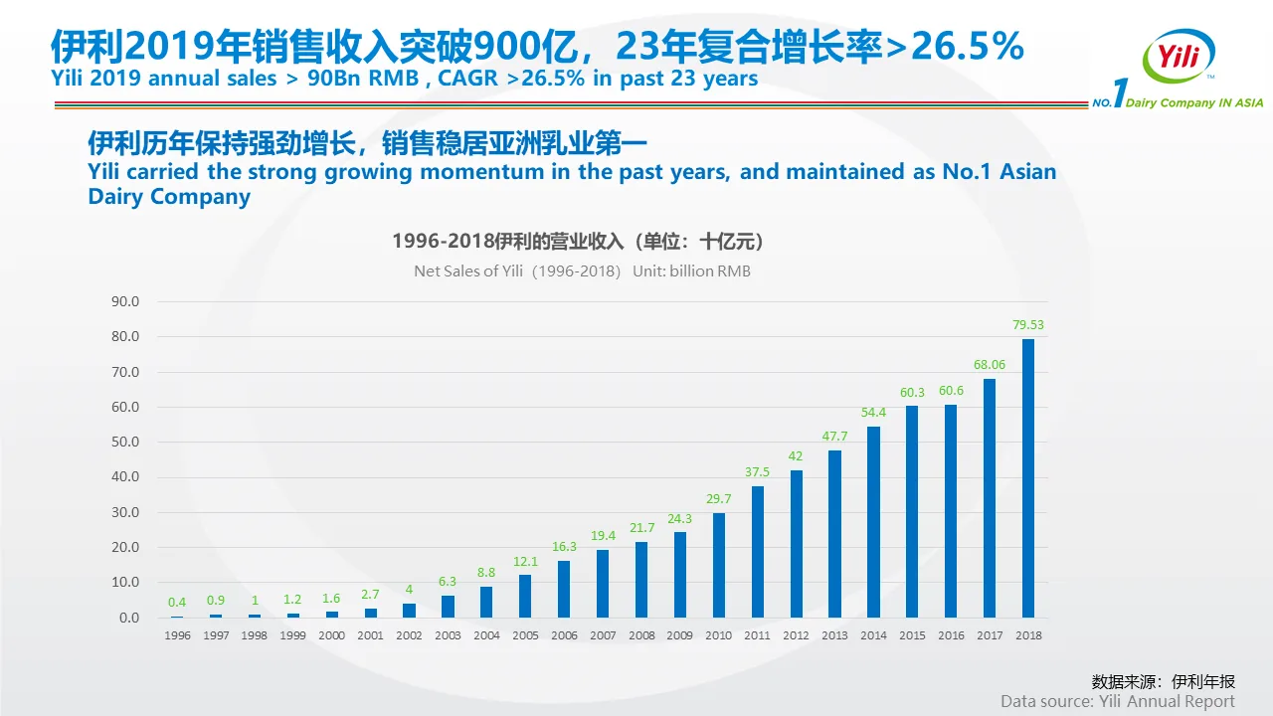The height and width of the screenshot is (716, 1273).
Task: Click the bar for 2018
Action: click(x=1028, y=478)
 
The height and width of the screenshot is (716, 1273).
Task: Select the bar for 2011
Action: click(x=758, y=552)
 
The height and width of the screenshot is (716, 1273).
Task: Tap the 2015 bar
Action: click(x=912, y=511)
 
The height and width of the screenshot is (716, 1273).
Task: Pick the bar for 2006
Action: click(x=564, y=589)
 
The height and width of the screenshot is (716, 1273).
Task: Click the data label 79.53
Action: click(x=1028, y=325)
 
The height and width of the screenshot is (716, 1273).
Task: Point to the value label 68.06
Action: click(x=990, y=365)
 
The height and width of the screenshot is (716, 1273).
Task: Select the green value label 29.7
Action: click(x=718, y=499)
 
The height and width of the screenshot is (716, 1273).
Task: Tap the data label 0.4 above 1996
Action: click(x=177, y=603)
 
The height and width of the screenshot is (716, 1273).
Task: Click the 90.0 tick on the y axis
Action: click(x=125, y=301)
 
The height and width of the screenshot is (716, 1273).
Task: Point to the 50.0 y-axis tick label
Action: click(x=125, y=443)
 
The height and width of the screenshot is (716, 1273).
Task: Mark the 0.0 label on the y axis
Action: click(x=129, y=618)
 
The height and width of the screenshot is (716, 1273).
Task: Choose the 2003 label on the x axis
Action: click(x=448, y=635)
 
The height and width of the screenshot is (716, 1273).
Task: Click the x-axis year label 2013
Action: click(x=834, y=635)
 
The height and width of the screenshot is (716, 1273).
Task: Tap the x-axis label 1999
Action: click(x=292, y=635)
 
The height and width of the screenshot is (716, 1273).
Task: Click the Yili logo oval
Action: click(x=1179, y=56)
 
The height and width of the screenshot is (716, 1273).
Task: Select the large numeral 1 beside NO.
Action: click(x=1120, y=92)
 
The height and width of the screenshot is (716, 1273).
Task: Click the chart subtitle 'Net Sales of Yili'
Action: click(x=468, y=271)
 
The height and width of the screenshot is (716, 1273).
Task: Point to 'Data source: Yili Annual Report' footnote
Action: click(x=1117, y=701)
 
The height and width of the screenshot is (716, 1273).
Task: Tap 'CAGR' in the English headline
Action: click(x=467, y=79)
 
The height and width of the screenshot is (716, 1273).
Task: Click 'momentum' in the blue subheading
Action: click(x=482, y=172)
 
